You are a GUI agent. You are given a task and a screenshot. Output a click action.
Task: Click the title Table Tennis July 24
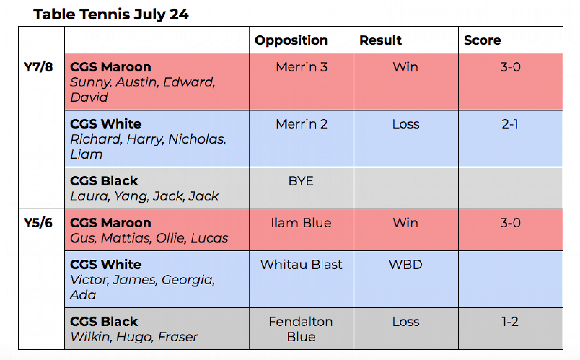(111, 15)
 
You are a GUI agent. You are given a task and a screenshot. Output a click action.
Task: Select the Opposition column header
(291, 40)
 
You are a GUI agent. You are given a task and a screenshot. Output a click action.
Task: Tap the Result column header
(380, 40)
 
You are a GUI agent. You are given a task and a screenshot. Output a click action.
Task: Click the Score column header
(482, 40)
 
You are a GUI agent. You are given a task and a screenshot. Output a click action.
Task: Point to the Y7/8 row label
(38, 67)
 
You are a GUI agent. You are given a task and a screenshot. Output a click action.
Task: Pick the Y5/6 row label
(38, 223)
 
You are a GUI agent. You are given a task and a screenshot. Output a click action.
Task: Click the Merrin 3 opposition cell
(302, 67)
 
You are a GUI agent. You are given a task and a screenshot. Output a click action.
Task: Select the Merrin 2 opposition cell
(302, 124)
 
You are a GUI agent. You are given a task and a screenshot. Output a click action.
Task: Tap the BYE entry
(301, 181)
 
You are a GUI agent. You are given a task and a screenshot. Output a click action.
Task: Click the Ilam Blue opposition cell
(301, 223)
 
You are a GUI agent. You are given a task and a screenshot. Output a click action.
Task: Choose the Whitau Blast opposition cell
(301, 265)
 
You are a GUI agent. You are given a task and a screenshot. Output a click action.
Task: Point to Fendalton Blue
(301, 329)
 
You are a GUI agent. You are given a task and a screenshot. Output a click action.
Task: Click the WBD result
(405, 265)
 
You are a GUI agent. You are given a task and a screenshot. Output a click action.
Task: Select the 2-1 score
(510, 124)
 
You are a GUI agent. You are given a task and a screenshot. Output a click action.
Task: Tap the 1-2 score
(510, 321)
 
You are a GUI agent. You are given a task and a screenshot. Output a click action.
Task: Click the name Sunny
(91, 82)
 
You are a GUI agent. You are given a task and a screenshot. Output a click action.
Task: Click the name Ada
(83, 295)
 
